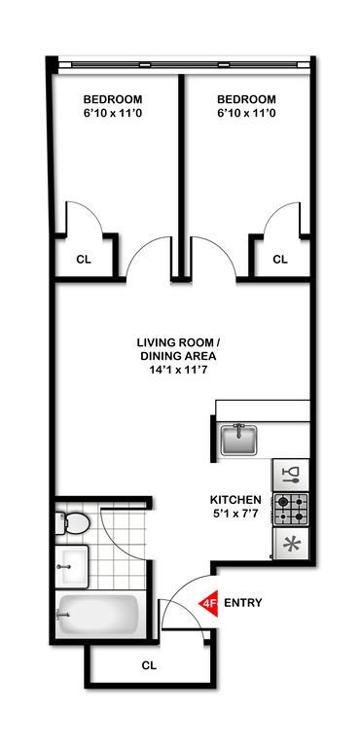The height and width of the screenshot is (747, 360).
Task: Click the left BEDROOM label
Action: [113, 99]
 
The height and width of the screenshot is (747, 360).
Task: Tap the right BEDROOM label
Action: [246, 99]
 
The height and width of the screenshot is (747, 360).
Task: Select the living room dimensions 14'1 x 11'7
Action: [178, 370]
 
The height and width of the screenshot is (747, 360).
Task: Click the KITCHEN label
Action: [235, 500]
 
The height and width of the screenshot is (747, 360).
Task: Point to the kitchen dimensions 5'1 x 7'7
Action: [235, 514]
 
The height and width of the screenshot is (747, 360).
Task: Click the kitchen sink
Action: [238, 440]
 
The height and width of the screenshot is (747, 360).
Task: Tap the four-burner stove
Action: [290, 509]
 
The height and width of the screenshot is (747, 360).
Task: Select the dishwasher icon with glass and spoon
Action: [290, 476]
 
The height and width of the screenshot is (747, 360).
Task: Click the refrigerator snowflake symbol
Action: [290, 544]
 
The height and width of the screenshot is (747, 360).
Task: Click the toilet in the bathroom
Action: [72, 523]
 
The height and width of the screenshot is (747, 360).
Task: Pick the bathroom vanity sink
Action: [72, 566]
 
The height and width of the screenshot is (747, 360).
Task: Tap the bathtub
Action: [97, 614]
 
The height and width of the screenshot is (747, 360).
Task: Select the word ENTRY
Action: [242, 603]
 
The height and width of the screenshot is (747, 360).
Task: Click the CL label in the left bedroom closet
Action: [84, 260]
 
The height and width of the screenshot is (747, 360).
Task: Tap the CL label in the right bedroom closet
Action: [280, 259]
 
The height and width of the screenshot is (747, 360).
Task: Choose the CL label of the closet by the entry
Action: [149, 665]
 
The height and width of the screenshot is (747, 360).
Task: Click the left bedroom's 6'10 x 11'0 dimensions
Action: [113, 114]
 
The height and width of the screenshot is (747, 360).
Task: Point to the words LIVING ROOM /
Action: [178, 342]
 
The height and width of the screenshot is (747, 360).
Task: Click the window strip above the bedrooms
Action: [184, 64]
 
